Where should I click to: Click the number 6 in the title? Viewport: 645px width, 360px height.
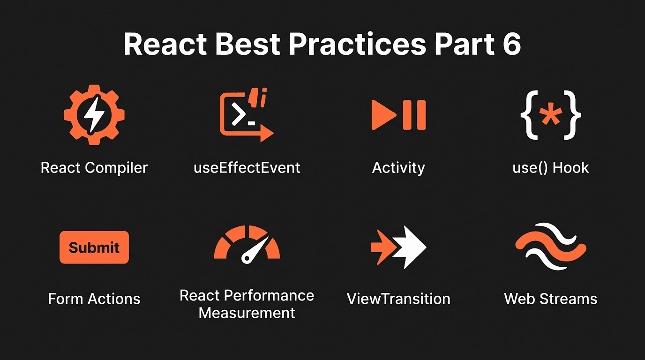coord(509,45)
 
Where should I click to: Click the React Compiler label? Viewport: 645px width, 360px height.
coord(94,168)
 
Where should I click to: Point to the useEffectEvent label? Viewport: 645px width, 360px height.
coord(247,168)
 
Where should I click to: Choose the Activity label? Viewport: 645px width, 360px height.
coord(398,168)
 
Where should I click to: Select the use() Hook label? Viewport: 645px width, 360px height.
coord(551,168)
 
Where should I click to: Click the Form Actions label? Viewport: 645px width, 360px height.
coord(94,299)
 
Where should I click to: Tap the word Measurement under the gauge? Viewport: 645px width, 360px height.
coord(247,313)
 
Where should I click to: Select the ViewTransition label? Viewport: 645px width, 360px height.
coord(398,299)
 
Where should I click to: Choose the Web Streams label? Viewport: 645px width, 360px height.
coord(551,299)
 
